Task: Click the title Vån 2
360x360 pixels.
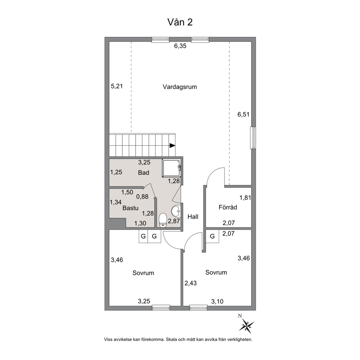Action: tap(180, 22)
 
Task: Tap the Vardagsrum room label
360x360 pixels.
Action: tap(180, 87)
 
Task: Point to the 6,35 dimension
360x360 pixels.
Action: tap(180, 46)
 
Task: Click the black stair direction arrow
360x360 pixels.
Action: tap(172, 145)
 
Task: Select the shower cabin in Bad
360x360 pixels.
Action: tap(172, 168)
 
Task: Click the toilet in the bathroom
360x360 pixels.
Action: tap(163, 220)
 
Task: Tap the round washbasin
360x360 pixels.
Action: tap(176, 211)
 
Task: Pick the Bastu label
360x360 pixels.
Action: tap(130, 208)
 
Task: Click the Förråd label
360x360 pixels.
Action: tap(228, 207)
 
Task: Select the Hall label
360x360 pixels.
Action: tap(193, 217)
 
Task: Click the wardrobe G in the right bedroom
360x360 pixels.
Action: tap(212, 236)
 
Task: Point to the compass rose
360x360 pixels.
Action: tap(246, 325)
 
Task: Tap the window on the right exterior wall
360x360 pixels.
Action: tap(253, 138)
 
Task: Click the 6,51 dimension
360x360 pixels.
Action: tap(244, 114)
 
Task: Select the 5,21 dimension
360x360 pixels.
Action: tap(117, 86)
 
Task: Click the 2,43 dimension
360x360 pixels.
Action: tap(191, 283)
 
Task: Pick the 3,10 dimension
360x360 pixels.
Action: tap(217, 301)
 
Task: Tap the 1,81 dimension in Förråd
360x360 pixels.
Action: tap(245, 197)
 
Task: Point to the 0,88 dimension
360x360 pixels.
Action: tap(142, 197)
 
